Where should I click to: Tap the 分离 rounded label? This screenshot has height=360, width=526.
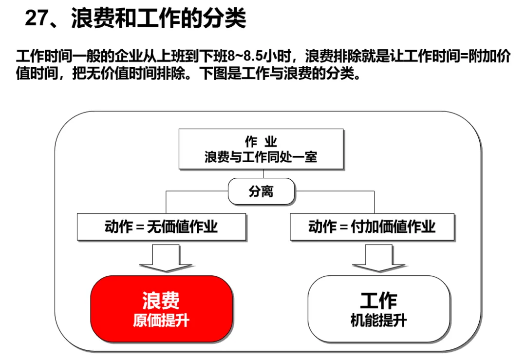click(262, 191)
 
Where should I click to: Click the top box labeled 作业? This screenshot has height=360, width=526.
click(261, 149)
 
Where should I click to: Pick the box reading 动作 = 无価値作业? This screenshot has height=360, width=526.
click(161, 227)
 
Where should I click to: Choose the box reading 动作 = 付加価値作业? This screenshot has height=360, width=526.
click(372, 227)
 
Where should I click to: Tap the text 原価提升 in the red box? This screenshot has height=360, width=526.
click(161, 321)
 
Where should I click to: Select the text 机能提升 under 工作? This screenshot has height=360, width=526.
click(378, 321)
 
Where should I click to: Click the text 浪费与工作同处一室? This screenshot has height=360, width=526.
click(261, 157)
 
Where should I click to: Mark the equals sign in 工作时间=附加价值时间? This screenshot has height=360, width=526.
click(463, 56)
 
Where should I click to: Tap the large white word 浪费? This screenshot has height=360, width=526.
click(161, 300)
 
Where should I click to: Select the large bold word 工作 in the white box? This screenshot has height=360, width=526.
click(378, 301)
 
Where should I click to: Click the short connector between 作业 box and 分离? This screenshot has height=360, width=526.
click(263, 174)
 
